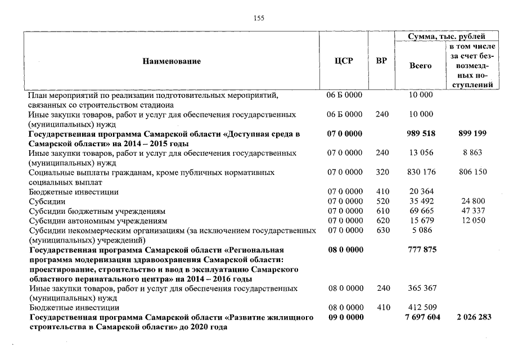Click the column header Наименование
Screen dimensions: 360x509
click(x=171, y=61)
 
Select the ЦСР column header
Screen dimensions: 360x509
click(x=344, y=61)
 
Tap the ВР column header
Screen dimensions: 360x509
click(x=381, y=61)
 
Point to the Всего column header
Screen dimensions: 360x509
click(x=420, y=66)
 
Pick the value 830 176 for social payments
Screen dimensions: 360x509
click(x=420, y=172)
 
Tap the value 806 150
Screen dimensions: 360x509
click(x=472, y=172)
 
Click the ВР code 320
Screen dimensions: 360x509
click(x=382, y=172)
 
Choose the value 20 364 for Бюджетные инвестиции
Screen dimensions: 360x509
click(x=420, y=191)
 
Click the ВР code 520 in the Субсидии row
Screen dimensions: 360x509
click(x=382, y=201)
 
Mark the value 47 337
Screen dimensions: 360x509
click(x=472, y=210)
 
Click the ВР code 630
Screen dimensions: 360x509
click(x=382, y=229)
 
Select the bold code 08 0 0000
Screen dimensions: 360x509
click(x=345, y=249)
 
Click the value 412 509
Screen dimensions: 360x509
click(x=420, y=308)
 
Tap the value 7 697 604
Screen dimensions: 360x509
click(x=420, y=317)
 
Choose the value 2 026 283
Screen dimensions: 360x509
click(x=472, y=317)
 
